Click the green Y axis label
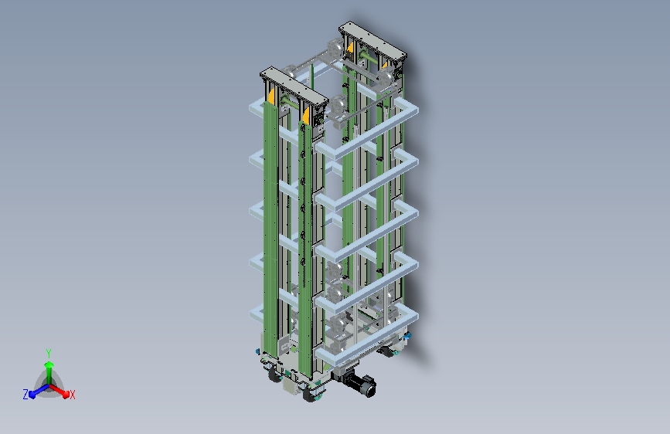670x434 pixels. tap(48, 353)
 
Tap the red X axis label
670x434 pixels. tap(72, 395)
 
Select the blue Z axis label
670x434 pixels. tap(26, 395)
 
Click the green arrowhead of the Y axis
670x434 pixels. tap(49, 364)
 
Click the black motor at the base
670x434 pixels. tap(362, 384)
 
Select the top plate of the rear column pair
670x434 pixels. tap(372, 42)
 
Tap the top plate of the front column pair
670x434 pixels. tap(294, 87)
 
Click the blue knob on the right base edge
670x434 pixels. tap(407, 336)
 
